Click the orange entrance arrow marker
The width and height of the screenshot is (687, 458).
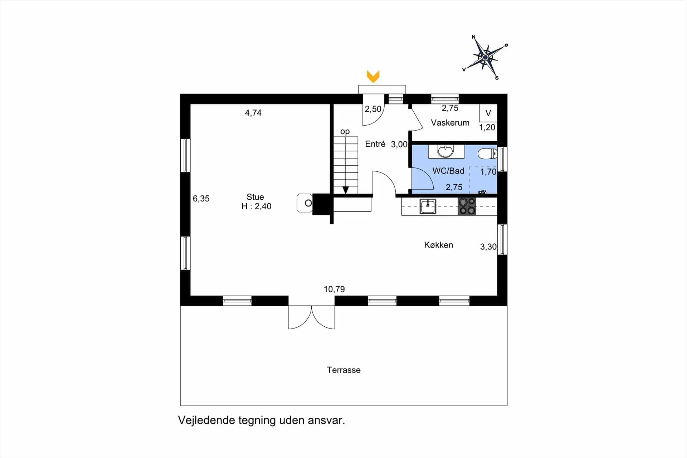[x=373, y=77]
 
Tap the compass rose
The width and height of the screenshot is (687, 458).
[x=485, y=57]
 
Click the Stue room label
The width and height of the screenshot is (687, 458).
[x=255, y=197]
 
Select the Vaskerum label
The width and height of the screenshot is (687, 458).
[x=450, y=123]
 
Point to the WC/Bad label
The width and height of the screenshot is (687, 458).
[x=448, y=171]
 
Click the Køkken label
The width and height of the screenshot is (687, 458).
[x=439, y=245]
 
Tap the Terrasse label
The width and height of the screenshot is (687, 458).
[x=343, y=370]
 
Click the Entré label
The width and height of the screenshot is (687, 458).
[x=375, y=144]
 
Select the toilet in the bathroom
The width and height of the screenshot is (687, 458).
[x=487, y=154]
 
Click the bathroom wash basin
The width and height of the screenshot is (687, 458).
[x=446, y=151]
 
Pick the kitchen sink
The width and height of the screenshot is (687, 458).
[x=428, y=206]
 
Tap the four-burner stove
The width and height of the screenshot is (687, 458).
[x=467, y=206]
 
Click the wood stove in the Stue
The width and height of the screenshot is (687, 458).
[x=305, y=203]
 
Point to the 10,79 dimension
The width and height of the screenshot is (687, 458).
[x=334, y=289]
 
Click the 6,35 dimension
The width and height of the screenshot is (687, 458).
[x=201, y=199]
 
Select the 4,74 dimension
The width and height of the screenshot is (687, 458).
[x=253, y=113]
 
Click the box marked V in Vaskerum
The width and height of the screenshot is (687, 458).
[x=488, y=113]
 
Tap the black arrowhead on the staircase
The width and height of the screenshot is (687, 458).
[x=346, y=190]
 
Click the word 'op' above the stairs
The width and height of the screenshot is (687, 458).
[x=345, y=132]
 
